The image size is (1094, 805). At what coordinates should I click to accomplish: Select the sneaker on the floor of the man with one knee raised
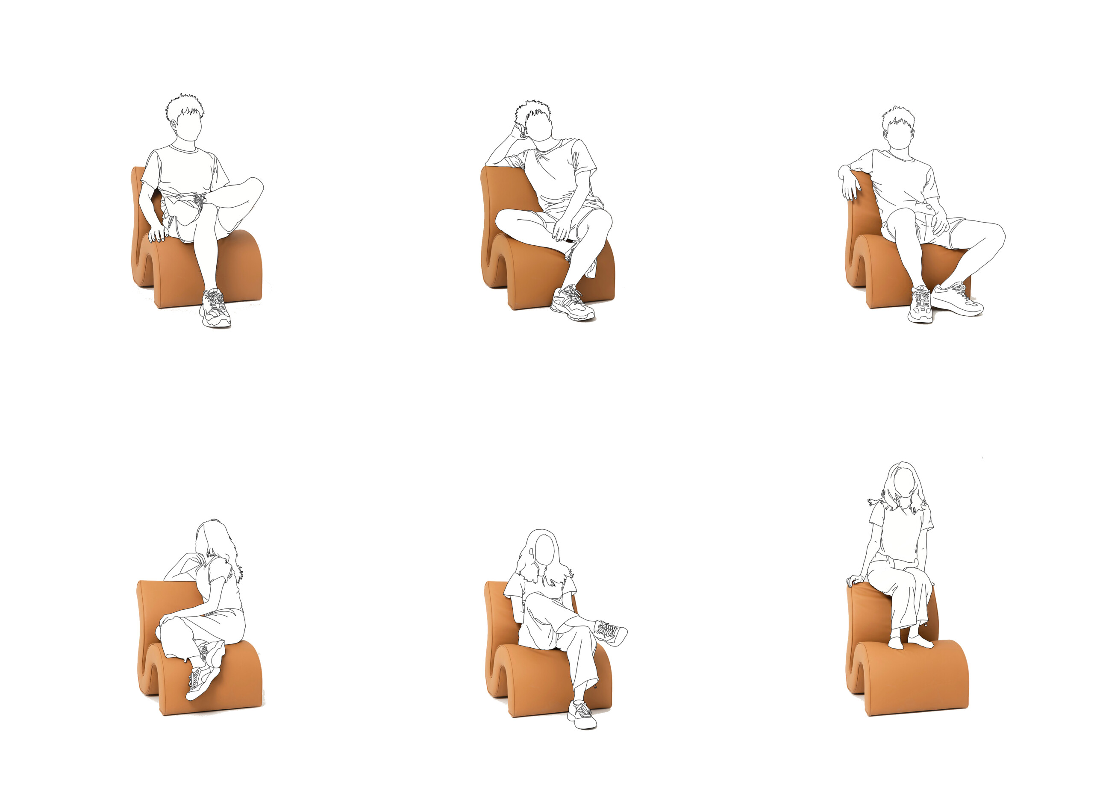click(216, 308)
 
